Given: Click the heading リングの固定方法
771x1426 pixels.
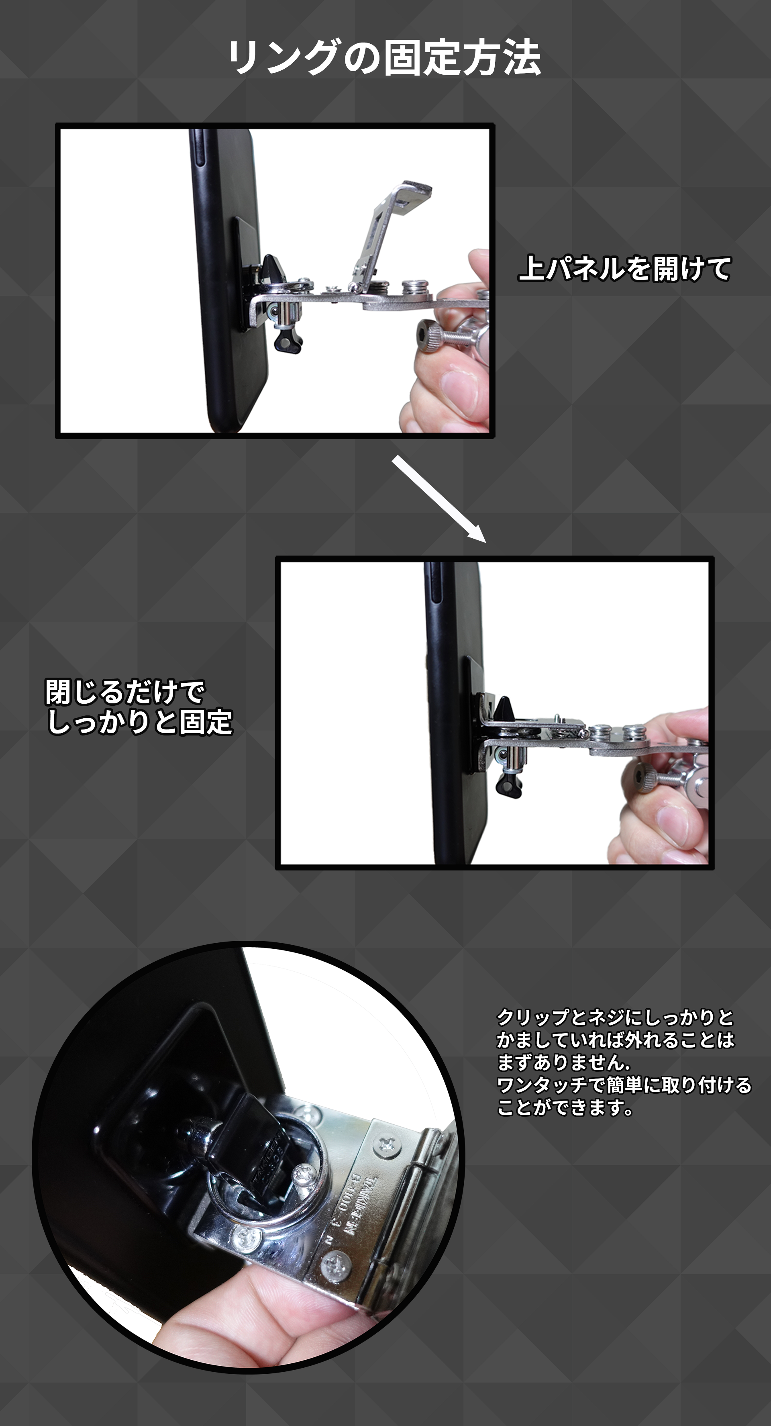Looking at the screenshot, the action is (x=385, y=57).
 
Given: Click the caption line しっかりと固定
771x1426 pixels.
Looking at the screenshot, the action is (x=139, y=722).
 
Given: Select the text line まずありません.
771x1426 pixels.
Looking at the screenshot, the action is (x=563, y=1062).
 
